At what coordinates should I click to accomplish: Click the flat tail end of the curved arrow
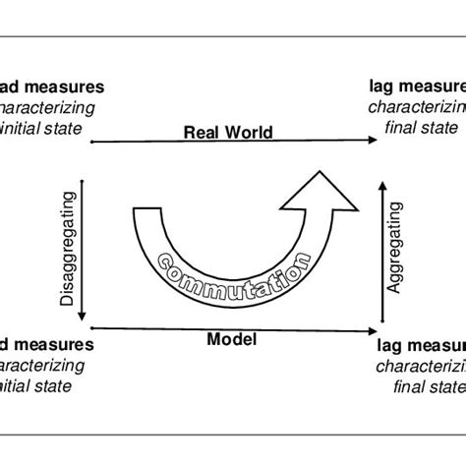coord(146,211)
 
